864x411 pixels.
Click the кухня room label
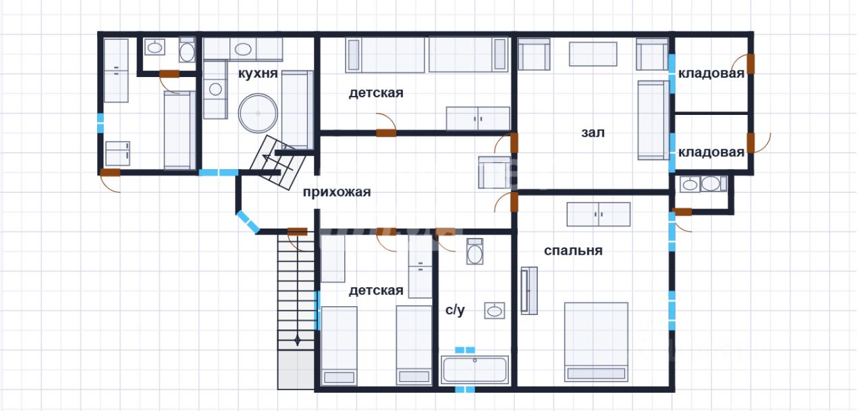coord(258,74)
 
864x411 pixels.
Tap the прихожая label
coord(336,192)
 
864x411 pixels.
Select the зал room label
coord(593,133)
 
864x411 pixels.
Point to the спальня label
coord(573,251)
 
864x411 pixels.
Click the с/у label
coord(455,310)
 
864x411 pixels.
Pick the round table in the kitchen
coord(258,113)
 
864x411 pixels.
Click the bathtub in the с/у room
coord(475,370)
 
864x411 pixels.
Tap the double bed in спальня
coord(596,342)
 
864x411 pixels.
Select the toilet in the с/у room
coord(475,251)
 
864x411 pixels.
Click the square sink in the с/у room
coord(495,310)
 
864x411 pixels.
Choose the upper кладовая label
coord(711,74)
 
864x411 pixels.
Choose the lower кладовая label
coord(711,152)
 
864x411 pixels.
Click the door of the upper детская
coord(386,133)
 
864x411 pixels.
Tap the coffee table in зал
coord(593,54)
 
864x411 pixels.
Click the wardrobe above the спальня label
coord(598,214)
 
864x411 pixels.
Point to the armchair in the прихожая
coord(495,172)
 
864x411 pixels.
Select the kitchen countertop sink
coord(243,49)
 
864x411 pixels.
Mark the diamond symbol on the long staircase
coord(297,340)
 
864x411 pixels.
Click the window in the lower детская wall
coord(317,310)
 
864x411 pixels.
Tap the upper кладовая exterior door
coord(750,64)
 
